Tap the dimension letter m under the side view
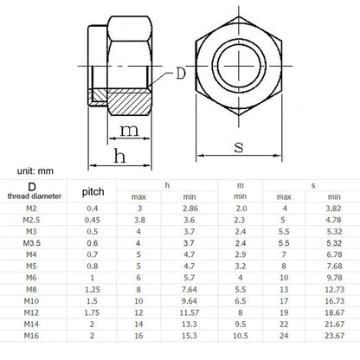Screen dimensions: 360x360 tap(129, 131)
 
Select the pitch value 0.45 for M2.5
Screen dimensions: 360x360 tap(93, 221)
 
